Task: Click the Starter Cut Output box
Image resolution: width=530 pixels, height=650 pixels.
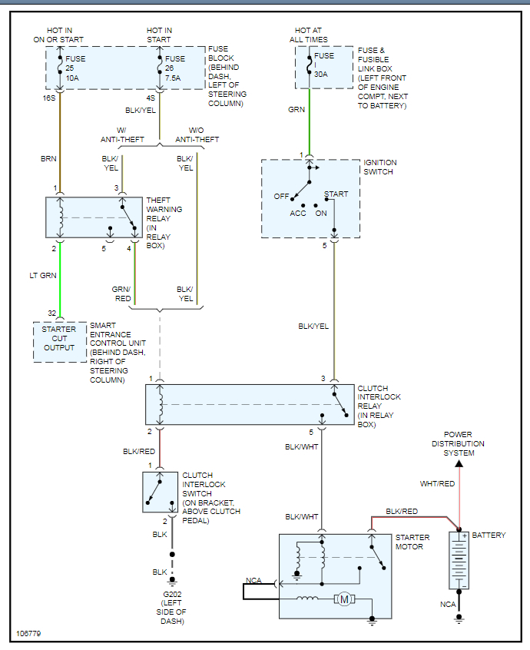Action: point(59,339)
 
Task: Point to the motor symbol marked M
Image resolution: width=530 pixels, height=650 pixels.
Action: point(343,599)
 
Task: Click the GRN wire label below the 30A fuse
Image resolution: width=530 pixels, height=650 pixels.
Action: point(296,110)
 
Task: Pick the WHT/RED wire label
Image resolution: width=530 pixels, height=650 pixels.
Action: point(437,484)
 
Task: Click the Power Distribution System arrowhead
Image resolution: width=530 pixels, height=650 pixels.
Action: point(459,463)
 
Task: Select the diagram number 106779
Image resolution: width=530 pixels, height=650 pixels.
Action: point(28,635)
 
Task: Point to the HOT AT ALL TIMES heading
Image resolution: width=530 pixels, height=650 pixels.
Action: point(309,35)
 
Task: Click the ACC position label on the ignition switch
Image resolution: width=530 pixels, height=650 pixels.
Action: point(298,213)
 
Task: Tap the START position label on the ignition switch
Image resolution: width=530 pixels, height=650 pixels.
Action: point(336,194)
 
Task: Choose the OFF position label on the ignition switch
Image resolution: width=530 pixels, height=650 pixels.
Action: point(282,196)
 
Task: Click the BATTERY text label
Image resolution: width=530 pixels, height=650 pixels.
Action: point(489,536)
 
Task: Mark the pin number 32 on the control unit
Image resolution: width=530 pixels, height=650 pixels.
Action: point(52,313)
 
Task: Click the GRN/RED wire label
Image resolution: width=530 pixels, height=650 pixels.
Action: point(122,293)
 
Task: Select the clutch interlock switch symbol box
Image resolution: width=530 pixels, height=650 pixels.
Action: point(160,492)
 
